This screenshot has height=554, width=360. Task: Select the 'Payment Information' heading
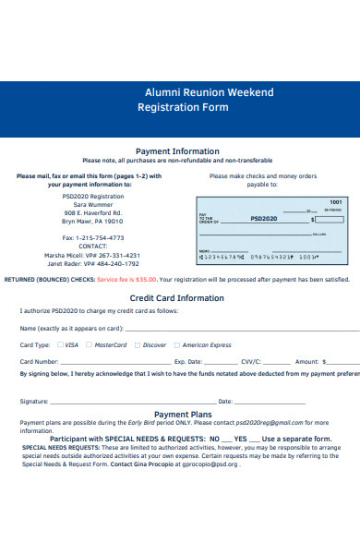[x=177, y=151]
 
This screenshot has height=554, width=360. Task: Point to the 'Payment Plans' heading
[x=183, y=415]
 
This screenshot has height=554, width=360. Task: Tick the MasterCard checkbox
[x=89, y=344]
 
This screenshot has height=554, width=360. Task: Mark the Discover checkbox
[x=138, y=344]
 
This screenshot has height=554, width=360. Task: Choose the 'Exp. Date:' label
[x=187, y=361]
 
